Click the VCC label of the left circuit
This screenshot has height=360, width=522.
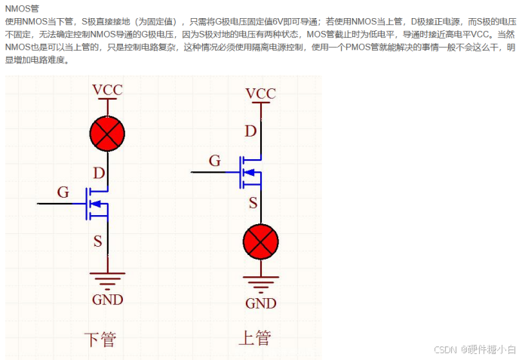coord(107,91)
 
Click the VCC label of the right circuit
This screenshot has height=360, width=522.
coord(261,94)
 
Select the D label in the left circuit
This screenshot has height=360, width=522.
coord(98,173)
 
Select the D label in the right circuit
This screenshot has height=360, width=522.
coord(251,131)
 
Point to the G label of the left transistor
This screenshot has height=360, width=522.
coord(63,192)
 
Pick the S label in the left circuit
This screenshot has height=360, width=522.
coord(98,241)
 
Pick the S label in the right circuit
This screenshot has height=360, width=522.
coord(253,202)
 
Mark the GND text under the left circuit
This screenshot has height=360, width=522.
coord(107,300)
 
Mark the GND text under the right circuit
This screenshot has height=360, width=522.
coord(261,303)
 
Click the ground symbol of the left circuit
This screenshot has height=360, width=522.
coord(107,280)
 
